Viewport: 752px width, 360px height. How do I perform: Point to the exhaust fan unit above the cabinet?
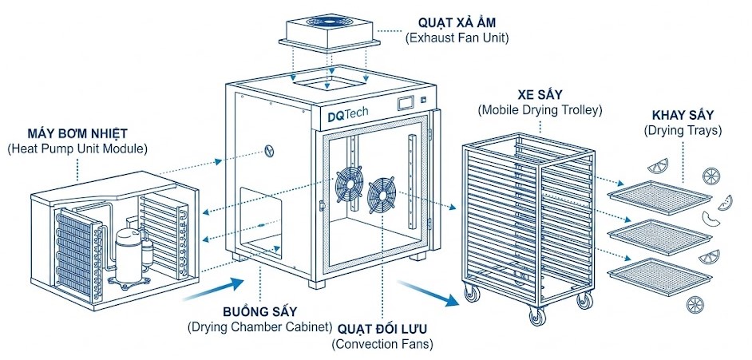pos(327,31)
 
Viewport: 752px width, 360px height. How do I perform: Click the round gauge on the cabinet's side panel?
pos(271,152)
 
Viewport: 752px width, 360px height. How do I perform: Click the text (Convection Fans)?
pos(382,345)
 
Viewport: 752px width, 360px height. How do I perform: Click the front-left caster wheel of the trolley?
pos(473,295)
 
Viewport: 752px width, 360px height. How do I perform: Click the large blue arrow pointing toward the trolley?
pos(432,291)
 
